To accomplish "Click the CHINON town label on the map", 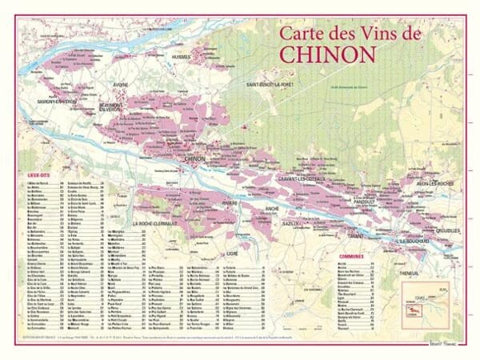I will (195, 159).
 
